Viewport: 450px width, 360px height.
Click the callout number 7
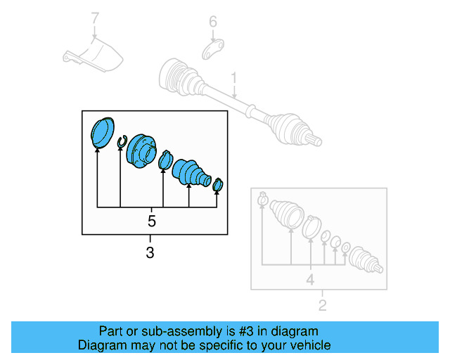tap(95, 17)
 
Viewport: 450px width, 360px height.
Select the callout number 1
tap(235, 77)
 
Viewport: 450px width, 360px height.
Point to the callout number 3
tap(150, 252)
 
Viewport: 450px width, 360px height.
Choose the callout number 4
tap(309, 280)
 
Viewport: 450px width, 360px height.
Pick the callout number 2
tap(322, 305)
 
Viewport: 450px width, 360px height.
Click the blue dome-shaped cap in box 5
tap(103, 131)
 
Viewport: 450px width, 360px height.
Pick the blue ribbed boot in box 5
tap(191, 173)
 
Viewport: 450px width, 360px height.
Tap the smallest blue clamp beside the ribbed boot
tap(218, 185)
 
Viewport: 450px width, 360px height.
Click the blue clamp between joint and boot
tap(166, 161)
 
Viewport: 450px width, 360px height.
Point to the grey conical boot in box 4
tap(285, 212)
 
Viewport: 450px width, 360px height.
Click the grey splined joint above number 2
tap(366, 259)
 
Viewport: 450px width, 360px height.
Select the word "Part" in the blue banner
tap(110, 331)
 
